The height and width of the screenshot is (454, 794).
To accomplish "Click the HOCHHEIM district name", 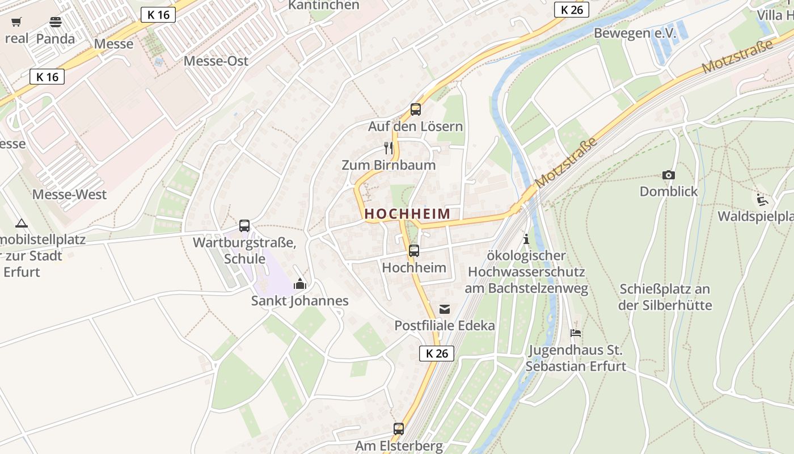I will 408,214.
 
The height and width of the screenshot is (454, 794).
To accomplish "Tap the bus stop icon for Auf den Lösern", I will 416,110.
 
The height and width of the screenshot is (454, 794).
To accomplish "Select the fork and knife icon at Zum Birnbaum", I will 388,148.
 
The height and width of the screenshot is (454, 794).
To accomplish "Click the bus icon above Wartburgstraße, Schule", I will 244,226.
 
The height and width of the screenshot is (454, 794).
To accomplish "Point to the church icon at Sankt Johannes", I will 300,284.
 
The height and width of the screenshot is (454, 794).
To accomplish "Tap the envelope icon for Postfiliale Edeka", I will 445,309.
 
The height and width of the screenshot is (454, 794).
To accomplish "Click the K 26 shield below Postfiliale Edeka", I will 437,353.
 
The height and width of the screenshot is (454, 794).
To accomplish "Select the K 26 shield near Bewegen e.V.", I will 572,10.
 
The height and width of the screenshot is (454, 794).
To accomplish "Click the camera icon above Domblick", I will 669,175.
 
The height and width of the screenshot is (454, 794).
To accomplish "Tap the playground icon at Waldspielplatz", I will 763,199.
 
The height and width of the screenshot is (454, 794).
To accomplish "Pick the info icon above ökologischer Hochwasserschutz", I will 526,239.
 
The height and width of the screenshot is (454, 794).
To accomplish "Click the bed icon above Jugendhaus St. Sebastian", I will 576,333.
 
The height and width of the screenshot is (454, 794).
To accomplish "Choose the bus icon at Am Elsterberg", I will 399,428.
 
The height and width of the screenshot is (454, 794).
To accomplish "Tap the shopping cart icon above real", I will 16,22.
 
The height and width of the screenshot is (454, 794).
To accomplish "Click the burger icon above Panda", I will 56,22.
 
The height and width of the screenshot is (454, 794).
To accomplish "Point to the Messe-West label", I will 69,195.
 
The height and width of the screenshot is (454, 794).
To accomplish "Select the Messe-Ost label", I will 216,61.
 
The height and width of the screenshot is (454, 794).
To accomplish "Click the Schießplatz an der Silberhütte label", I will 665,297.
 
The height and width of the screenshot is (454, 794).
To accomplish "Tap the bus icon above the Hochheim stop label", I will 414,250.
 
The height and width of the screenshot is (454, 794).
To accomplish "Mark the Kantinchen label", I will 324,5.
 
